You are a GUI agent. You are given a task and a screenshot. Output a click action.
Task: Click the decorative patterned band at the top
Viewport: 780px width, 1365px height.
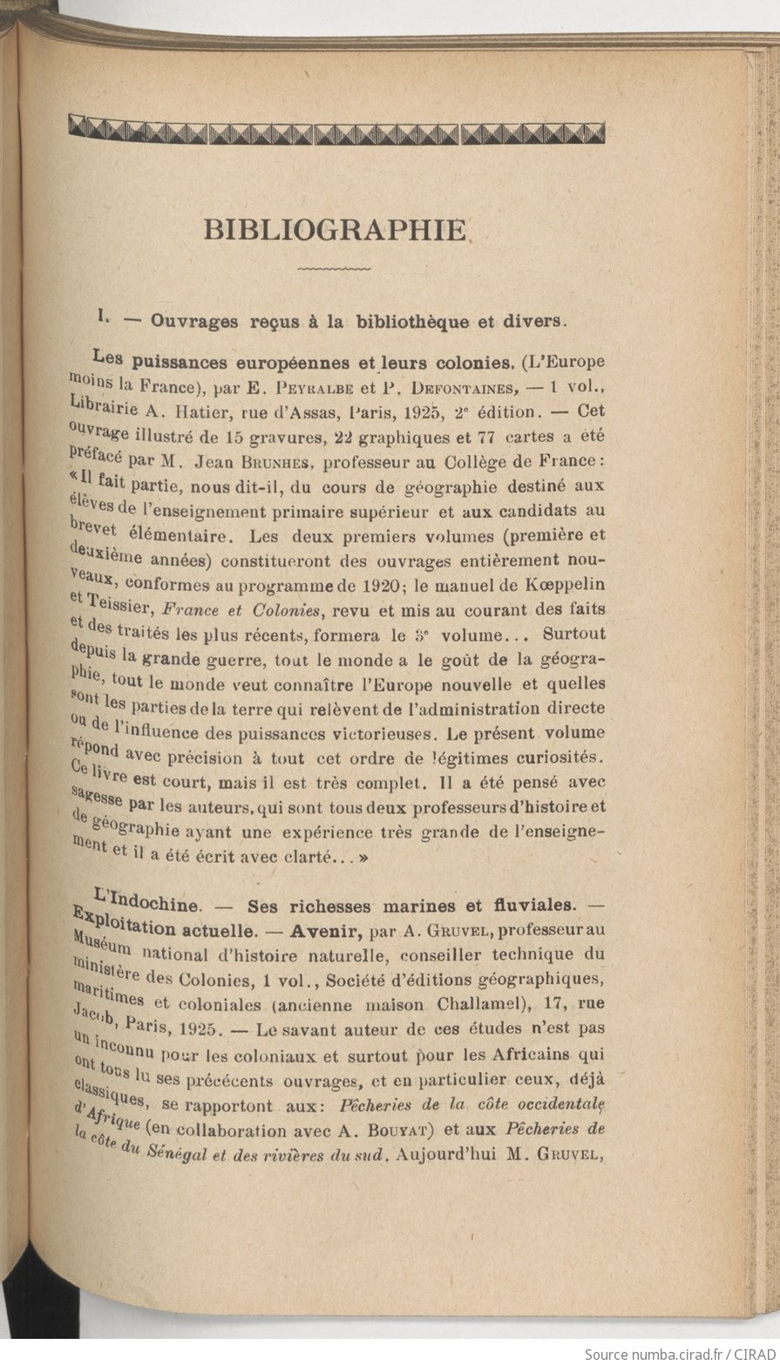pos(336,133)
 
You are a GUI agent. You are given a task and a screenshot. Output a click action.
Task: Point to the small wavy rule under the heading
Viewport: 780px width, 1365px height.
pos(334,269)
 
